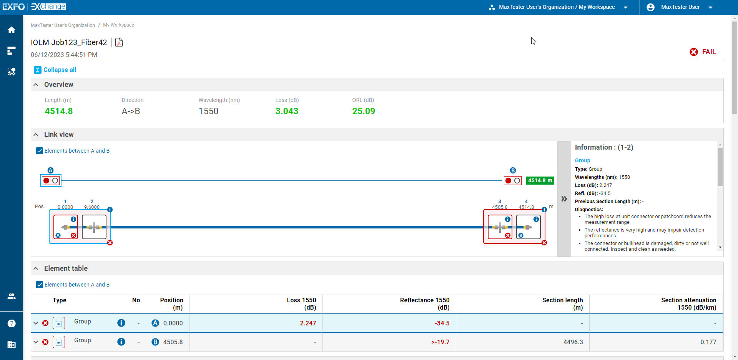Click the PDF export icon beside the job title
coord(119,42)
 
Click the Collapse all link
coord(60,70)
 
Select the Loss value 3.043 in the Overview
coord(287,111)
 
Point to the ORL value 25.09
coord(364,111)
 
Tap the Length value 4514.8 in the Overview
coord(59,111)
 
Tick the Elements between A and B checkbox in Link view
coord(40,151)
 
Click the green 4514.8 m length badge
coord(540,180)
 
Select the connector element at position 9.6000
coord(94,227)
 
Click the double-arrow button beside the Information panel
coord(564,199)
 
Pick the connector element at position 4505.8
coord(500,227)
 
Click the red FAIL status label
coord(708,52)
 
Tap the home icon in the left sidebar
coord(12,30)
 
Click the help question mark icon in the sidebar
coord(12,323)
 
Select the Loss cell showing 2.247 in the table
coord(308,323)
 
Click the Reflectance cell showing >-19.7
coord(440,342)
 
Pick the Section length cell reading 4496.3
coord(573,342)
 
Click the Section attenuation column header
coord(688,303)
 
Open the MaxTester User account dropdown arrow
coord(710,7)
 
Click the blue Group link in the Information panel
coord(582,160)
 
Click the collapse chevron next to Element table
coord(36,268)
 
